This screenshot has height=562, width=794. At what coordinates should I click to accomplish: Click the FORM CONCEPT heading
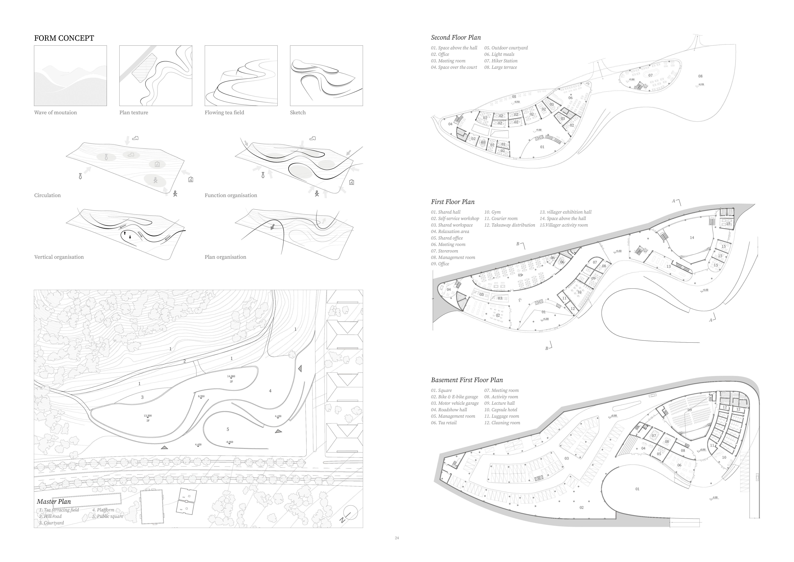[64, 38]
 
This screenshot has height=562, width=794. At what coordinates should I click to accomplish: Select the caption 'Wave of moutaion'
[55, 112]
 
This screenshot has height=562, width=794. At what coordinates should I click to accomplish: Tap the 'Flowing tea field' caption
[224, 112]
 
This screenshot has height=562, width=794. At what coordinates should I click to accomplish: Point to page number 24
[397, 538]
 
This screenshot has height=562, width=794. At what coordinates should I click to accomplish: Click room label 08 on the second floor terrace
[700, 76]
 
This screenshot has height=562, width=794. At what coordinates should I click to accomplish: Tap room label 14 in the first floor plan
[692, 238]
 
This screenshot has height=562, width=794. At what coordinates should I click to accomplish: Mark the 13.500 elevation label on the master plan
[148, 416]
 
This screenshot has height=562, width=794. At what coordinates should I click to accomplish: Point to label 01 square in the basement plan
[637, 489]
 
